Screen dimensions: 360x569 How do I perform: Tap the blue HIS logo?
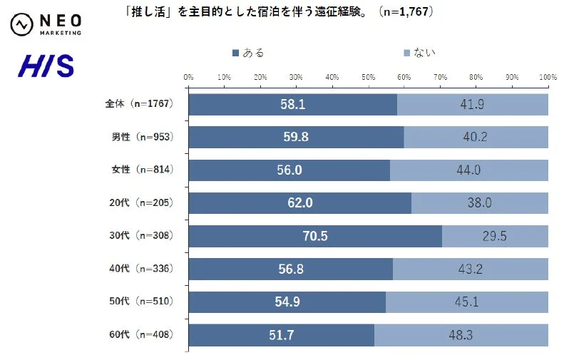tap(46, 67)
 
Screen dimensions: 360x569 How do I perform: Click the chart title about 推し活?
tap(279, 12)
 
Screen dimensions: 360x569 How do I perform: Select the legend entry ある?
tap(249, 52)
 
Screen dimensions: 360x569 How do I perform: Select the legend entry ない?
tap(420, 52)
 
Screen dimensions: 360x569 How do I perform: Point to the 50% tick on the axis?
tap(368, 76)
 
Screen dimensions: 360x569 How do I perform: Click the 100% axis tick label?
tap(548, 76)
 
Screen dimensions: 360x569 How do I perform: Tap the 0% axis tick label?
tap(188, 76)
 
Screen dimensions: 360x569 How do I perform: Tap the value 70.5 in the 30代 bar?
tap(314, 236)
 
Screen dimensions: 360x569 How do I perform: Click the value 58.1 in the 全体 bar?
tap(292, 105)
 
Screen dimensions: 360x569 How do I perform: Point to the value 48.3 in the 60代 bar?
tap(461, 334)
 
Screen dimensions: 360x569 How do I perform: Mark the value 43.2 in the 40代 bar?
tap(470, 269)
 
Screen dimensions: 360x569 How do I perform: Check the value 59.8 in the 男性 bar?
tap(295, 138)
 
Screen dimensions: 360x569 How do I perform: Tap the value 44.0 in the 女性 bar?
tap(468, 170)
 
